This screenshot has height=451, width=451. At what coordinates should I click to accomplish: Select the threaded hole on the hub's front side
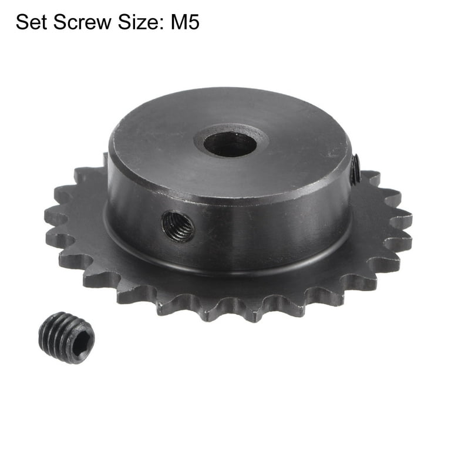pos(179,226)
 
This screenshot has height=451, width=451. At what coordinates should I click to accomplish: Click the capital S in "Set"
pos(22,23)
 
